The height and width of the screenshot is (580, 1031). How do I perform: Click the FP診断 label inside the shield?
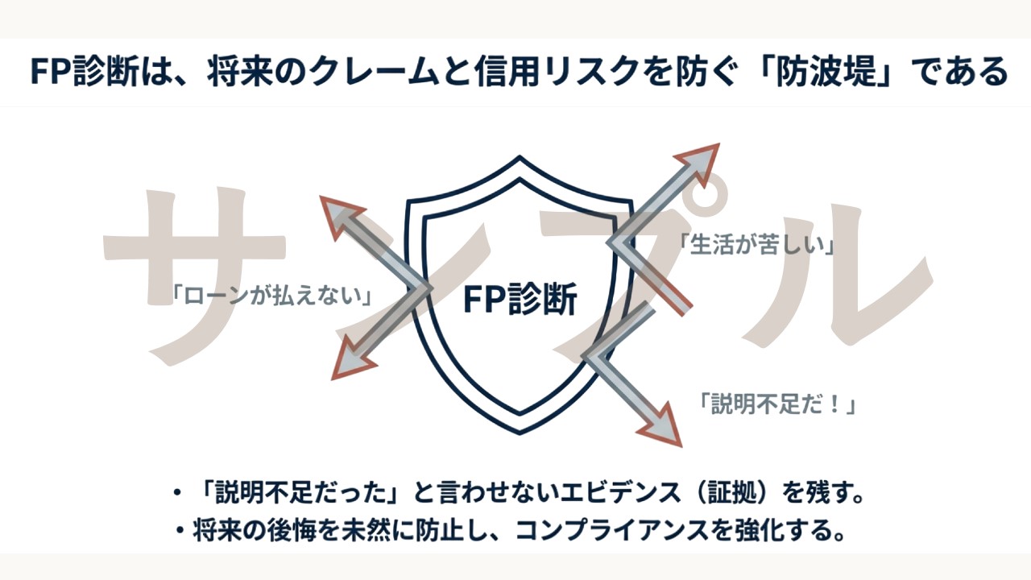[x=520, y=300]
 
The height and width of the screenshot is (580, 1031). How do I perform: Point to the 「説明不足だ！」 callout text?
[x=776, y=404]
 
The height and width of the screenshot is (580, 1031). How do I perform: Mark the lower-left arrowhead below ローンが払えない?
[x=347, y=364]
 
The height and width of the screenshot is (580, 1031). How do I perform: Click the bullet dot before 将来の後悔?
[x=180, y=532]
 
